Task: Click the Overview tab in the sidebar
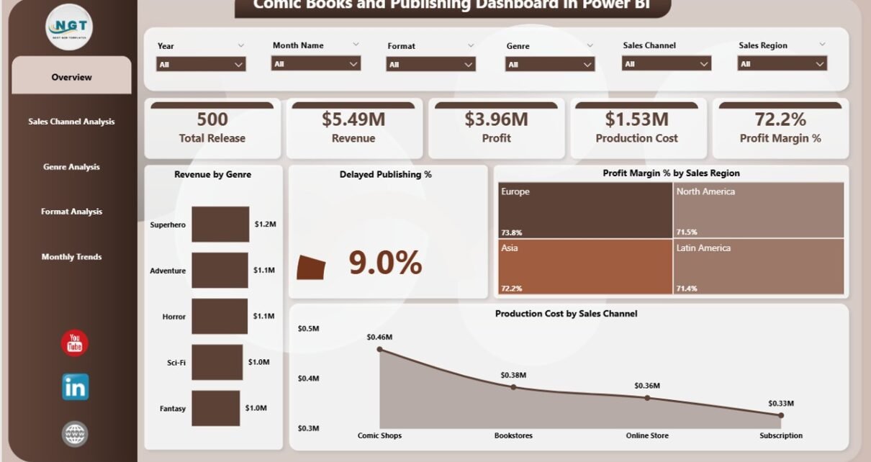pos(71,77)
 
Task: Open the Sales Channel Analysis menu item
pos(71,122)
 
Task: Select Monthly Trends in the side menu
pos(71,257)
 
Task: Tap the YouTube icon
pos(75,343)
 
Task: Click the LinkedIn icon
pos(75,387)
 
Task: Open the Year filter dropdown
pos(201,64)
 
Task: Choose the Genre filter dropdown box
pos(551,64)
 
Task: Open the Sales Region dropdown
pos(782,64)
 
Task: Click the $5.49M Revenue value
pos(353,119)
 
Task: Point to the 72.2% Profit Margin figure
pos(780,119)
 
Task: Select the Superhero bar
pos(220,224)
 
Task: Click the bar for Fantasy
pos(215,408)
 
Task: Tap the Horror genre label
pos(173,317)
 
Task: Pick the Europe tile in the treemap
pos(583,210)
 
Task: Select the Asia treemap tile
pos(583,266)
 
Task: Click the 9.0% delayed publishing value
pos(385,263)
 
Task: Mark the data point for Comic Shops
pos(380,350)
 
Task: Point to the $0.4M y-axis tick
pos(309,379)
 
